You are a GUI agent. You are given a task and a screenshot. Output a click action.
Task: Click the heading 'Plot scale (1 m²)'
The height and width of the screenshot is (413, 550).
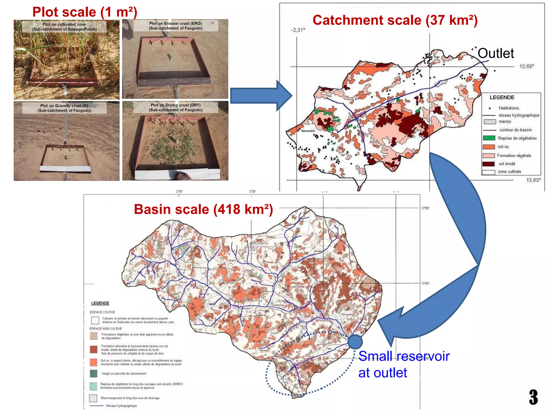tap(85, 12)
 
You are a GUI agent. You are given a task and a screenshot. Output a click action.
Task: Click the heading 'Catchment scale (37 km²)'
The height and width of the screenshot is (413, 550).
tap(395, 20)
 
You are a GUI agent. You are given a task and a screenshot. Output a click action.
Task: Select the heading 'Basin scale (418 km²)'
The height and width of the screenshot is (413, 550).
tap(203, 209)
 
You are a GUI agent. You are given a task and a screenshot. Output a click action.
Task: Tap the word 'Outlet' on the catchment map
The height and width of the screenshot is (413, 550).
tap(496, 53)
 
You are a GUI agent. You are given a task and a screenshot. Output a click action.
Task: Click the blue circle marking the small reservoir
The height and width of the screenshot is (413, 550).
tap(355, 342)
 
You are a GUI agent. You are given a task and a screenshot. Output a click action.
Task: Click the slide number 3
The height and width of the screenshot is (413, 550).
tap(533, 397)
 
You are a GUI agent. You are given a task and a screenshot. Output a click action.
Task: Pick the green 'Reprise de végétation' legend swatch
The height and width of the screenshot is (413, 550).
tap(489, 138)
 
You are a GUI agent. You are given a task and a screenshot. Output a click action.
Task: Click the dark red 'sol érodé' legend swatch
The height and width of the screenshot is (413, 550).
tap(489, 164)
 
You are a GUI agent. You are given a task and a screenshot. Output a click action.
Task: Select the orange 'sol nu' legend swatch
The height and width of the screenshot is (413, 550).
tap(489, 147)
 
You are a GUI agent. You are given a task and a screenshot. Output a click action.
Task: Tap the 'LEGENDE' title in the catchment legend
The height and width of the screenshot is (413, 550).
tap(502, 98)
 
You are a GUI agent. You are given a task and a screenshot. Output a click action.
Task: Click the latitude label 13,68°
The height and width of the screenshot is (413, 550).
tap(527, 66)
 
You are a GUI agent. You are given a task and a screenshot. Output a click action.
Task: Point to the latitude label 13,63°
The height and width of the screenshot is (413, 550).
tap(533, 180)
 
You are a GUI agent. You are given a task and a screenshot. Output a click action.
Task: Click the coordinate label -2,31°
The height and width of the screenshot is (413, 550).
tap(298, 30)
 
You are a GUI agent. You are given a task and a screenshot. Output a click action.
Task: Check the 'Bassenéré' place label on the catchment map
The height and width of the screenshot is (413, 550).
tap(308, 131)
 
